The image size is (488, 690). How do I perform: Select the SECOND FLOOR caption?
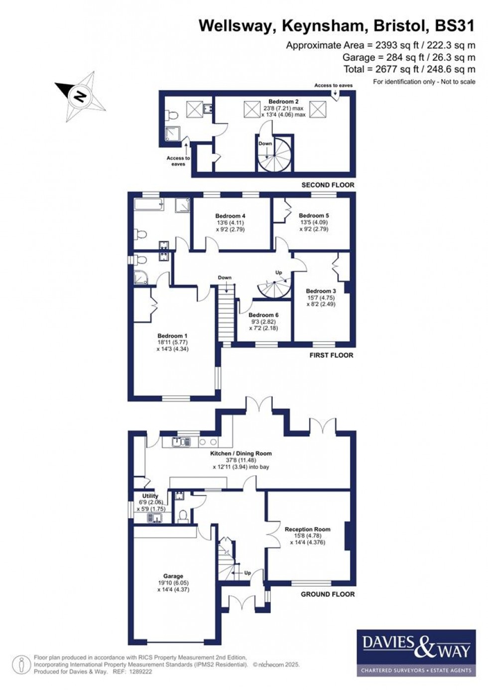coord(328,185)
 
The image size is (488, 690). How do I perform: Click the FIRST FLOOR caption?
coord(331,355)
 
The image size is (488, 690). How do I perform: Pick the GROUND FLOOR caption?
coord(328,594)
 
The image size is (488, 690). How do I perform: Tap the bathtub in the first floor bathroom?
coord(148,204)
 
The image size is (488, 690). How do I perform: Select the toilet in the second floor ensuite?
coord(172,115)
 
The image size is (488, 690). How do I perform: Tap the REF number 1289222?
coord(140,672)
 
